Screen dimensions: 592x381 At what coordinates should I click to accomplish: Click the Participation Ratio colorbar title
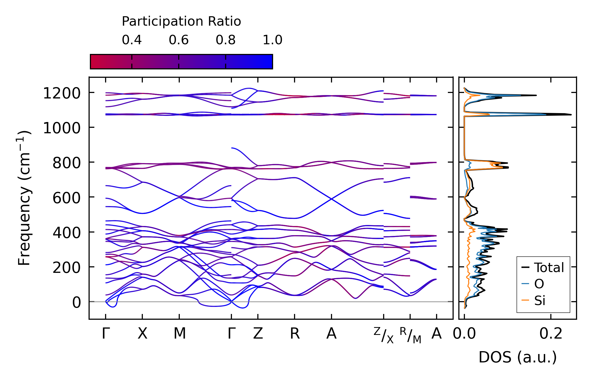(x=181, y=21)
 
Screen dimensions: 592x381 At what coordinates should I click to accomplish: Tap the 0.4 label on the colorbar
(x=132, y=40)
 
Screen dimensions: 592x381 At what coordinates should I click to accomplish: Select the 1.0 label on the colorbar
(x=273, y=40)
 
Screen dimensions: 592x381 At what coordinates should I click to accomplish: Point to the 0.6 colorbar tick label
(x=179, y=40)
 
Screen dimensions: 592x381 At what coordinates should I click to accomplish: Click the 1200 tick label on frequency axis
(x=62, y=93)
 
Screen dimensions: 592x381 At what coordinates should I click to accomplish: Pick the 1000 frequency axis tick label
(x=62, y=128)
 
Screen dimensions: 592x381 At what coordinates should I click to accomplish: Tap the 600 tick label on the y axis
(x=67, y=198)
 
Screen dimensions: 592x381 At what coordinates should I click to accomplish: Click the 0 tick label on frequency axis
(x=77, y=303)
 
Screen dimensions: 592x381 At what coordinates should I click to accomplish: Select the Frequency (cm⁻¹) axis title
(x=24, y=198)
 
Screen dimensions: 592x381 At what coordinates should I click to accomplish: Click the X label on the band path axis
(x=143, y=334)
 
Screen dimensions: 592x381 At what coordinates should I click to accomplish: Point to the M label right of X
(x=180, y=334)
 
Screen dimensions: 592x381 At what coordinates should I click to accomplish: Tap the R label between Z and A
(x=295, y=334)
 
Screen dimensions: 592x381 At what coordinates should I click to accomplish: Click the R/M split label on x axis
(x=410, y=335)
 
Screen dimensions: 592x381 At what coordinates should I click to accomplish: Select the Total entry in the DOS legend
(x=542, y=268)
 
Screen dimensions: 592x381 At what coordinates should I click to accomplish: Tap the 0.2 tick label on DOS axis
(x=551, y=334)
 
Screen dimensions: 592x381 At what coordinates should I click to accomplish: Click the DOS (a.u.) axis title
(x=518, y=357)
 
